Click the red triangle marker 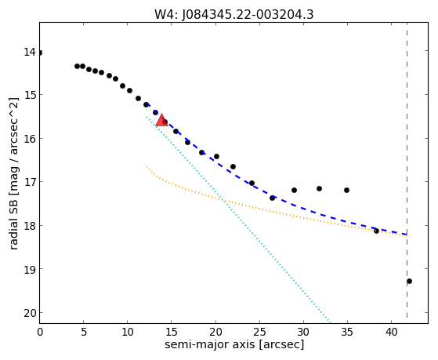click(161, 120)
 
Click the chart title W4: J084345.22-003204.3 click(234, 14)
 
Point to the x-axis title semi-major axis click(234, 344)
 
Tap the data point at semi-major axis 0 click(40, 53)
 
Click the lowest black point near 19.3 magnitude click(409, 281)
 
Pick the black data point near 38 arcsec click(376, 231)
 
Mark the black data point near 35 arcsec click(346, 191)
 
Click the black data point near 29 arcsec click(294, 191)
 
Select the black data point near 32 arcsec click(319, 189)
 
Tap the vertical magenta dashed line click(407, 170)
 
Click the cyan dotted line click(238, 220)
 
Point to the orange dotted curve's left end click(147, 166)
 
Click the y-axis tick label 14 click(30, 52)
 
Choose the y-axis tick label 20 click(30, 313)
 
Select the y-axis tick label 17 click(30, 182)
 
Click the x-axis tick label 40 click(391, 332)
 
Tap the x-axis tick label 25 click(259, 332)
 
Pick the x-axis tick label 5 click(84, 332)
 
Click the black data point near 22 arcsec click(233, 167)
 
